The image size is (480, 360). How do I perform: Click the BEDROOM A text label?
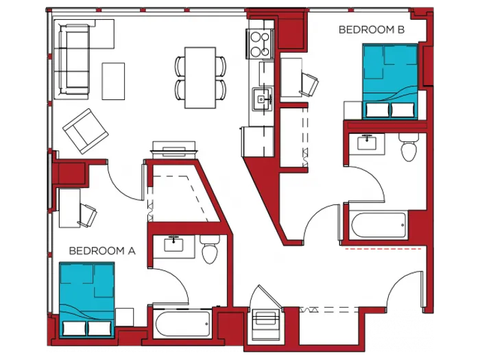click(x=101, y=250)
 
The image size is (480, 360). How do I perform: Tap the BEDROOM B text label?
click(x=372, y=29)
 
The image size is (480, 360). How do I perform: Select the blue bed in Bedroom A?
click(x=87, y=300)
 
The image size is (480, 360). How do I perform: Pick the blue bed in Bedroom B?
click(x=389, y=82)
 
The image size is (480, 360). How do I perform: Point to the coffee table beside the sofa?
click(x=113, y=81)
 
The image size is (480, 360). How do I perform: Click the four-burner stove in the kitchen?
click(x=260, y=44)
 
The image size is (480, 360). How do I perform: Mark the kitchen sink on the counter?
click(x=261, y=99)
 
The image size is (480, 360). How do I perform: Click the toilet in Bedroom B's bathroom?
click(x=409, y=147)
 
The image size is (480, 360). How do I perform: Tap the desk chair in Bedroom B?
click(x=309, y=84)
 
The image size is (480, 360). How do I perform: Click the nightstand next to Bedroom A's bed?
click(x=124, y=317)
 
